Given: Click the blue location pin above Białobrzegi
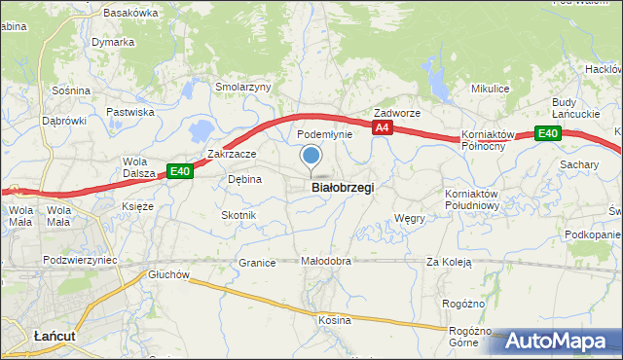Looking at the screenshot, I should (311, 156).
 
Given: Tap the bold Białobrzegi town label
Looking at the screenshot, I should (342, 188).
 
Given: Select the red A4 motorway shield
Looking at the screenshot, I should (383, 127).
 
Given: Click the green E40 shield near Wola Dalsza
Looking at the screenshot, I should (179, 171).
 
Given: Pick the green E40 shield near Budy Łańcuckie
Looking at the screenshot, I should (548, 133).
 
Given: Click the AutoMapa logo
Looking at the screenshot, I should (561, 341).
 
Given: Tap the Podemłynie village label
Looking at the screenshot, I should (323, 134).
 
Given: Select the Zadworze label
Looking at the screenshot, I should (397, 113).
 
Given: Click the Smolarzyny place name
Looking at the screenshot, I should (242, 87).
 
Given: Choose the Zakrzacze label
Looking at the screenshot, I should (232, 154).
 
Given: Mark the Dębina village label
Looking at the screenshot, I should (244, 179).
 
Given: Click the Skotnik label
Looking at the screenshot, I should (238, 215).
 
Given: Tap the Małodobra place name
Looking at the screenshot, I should (325, 262).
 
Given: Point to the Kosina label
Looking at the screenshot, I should (334, 320).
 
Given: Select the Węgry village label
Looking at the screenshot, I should (410, 219).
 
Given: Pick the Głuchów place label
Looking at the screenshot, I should (168, 274).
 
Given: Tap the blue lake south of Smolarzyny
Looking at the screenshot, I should (202, 128).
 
